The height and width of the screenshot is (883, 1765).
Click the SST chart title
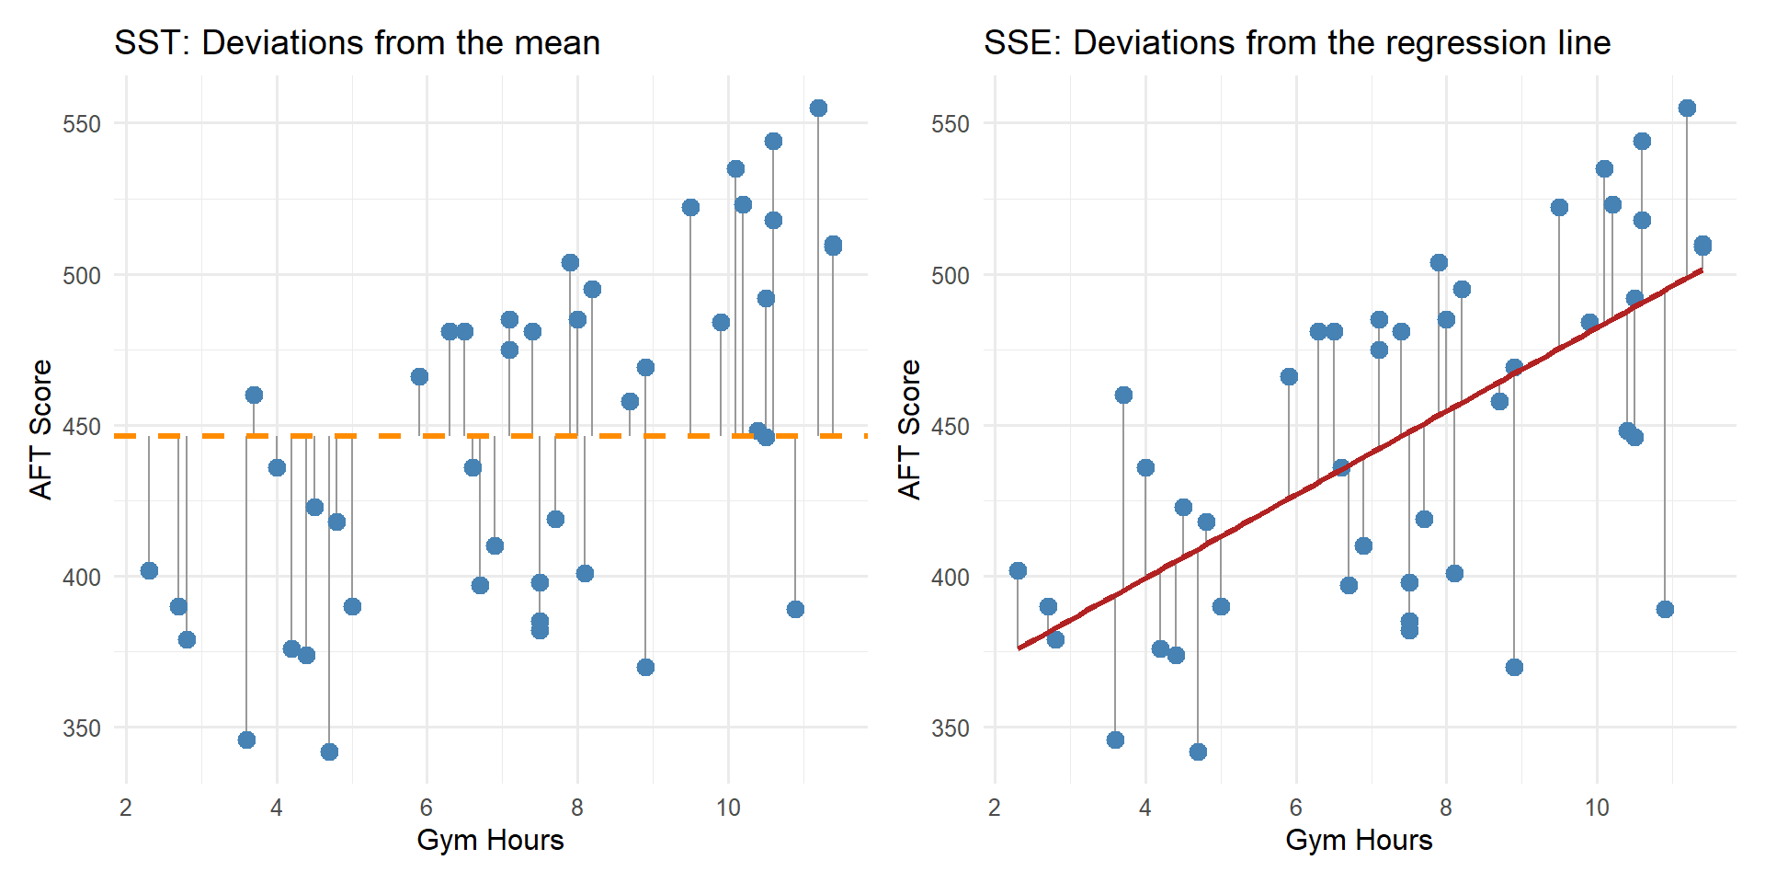(x=357, y=43)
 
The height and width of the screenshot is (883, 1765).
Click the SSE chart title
(x=1296, y=43)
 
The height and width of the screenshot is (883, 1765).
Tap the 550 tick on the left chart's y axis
(x=82, y=124)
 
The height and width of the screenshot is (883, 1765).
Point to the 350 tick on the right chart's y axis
(x=951, y=728)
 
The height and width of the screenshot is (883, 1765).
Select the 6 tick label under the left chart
(x=427, y=808)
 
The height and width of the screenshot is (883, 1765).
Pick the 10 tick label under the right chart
(x=1597, y=808)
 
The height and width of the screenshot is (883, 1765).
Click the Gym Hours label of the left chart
(x=490, y=840)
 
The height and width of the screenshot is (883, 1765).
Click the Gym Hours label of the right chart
(x=1359, y=840)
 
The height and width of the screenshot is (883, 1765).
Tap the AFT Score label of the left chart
(x=41, y=430)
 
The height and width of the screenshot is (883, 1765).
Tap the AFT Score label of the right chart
(x=909, y=430)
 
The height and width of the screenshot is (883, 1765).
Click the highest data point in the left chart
(x=818, y=109)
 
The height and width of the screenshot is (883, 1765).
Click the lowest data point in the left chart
(x=329, y=752)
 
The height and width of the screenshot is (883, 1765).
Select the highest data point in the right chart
(x=1687, y=109)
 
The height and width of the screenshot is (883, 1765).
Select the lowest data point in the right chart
(x=1198, y=752)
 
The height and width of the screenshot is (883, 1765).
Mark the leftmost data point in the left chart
(x=149, y=571)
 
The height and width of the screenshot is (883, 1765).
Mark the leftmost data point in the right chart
(x=1018, y=571)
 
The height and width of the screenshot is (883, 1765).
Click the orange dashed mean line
(x=386, y=436)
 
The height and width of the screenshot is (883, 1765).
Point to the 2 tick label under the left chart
(x=126, y=808)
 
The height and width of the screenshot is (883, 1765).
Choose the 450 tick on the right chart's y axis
(x=951, y=427)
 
